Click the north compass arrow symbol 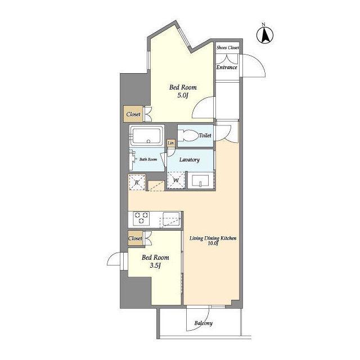coord(265,35)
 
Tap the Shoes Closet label coord(227,47)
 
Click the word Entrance coord(227,67)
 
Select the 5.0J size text coord(182,95)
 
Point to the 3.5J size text coord(155,265)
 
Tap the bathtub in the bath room coord(146,136)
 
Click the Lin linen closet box coord(170,143)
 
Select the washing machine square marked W coord(176,180)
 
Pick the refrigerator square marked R coord(137,182)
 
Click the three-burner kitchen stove coord(141,218)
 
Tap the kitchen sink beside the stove coord(171,219)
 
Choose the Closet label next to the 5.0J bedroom coord(133,114)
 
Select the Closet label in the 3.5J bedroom coord(135,238)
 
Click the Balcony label coord(204,323)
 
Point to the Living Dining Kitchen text coord(213,238)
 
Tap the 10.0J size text coord(213,244)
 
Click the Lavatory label coord(190,160)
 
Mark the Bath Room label coord(148,159)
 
